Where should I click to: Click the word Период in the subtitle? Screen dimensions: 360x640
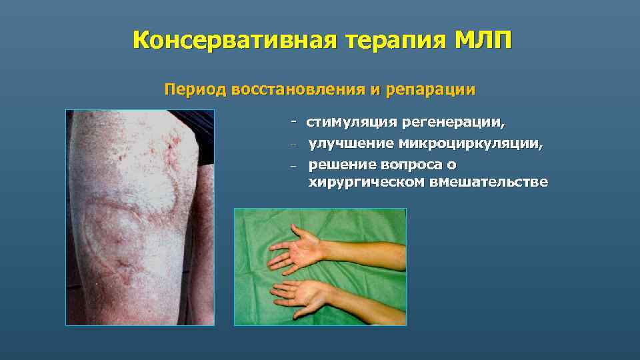tap(195, 89)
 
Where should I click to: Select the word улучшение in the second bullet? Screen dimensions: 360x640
tap(351, 143)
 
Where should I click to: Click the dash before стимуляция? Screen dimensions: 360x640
tap(293, 122)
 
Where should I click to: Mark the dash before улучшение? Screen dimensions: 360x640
tap(293, 143)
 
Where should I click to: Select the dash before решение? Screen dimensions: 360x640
tap(293, 165)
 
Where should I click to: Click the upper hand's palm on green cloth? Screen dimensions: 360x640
tap(300, 249)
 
